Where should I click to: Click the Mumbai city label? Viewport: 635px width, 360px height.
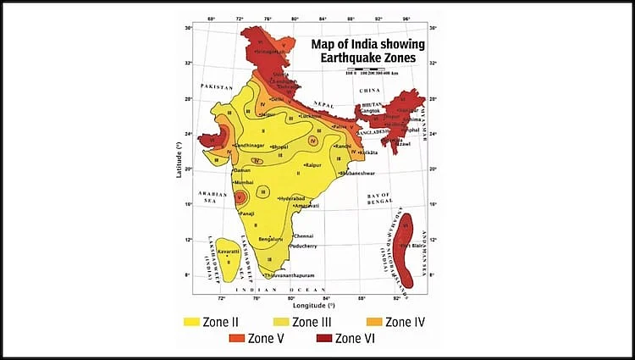[244, 181]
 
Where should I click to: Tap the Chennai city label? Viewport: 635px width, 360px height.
[304, 235]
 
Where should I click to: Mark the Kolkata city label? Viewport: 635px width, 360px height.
[367, 152]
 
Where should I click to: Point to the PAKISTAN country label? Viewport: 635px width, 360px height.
[217, 87]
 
